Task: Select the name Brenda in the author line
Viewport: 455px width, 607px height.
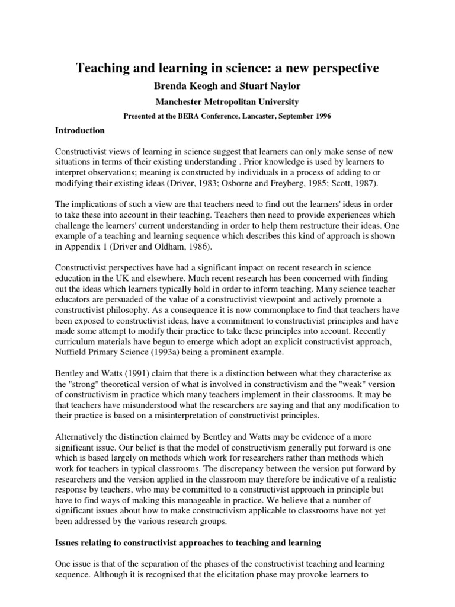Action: coord(172,86)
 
